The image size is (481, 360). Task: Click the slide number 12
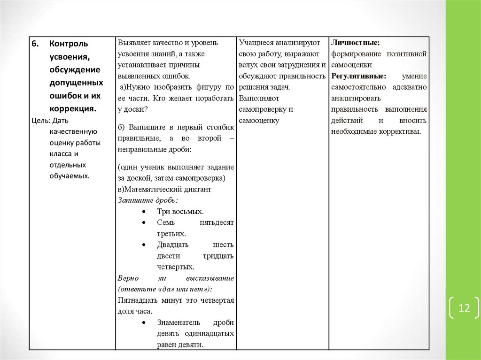[464, 308]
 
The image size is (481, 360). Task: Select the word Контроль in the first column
[68, 44]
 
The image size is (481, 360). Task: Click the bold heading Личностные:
[355, 43]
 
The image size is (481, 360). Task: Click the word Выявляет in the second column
[133, 43]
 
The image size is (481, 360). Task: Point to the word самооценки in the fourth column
[351, 65]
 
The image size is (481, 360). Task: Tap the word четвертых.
[176, 267]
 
